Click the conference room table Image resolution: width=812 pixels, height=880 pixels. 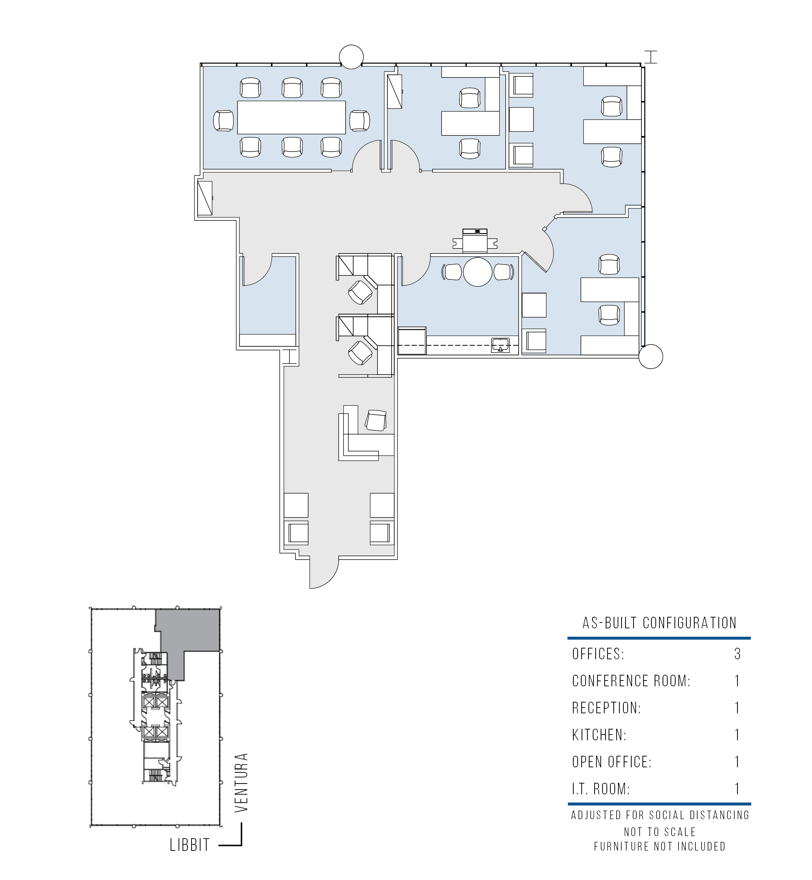click(291, 117)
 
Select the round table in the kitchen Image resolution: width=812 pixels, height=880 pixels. click(478, 271)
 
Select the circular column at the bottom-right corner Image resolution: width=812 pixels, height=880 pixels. click(650, 356)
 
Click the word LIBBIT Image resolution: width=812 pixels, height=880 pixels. click(190, 845)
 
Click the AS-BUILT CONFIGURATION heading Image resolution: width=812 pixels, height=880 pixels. click(659, 623)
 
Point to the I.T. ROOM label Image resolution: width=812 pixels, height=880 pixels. click(601, 789)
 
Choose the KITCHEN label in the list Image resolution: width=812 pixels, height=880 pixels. click(599, 735)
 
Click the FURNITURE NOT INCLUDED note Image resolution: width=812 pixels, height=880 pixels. click(659, 846)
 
